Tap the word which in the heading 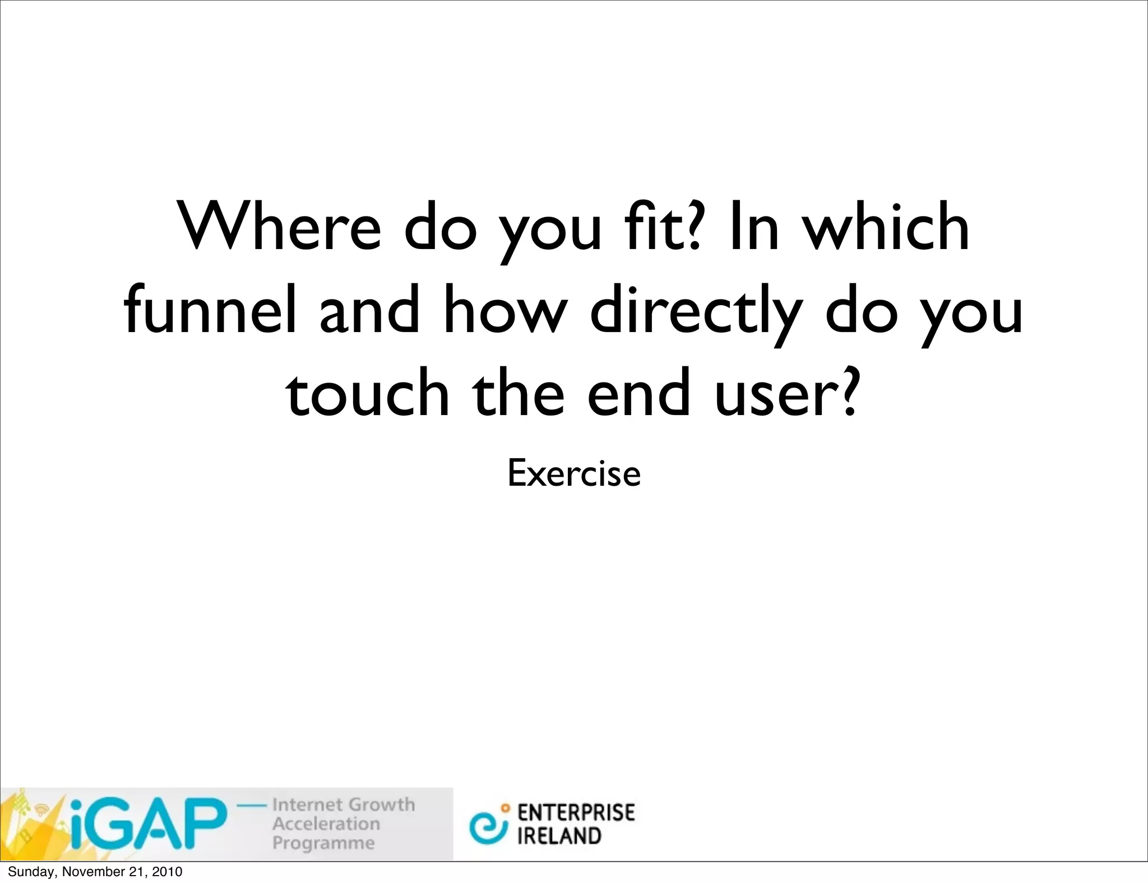[x=886, y=227]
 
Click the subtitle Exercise [x=573, y=473]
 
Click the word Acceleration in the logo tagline [x=326, y=823]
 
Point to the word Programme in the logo [x=323, y=842]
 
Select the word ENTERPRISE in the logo [x=576, y=813]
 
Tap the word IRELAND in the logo [x=559, y=836]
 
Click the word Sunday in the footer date [x=31, y=872]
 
